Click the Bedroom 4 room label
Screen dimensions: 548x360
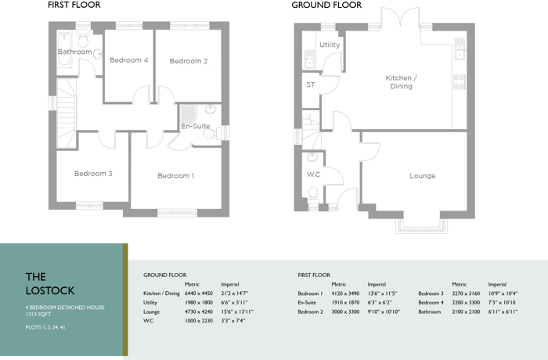pos(129,60)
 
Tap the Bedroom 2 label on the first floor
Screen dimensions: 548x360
pos(189,61)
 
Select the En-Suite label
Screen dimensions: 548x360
pos(196,126)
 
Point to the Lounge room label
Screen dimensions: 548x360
pos(423,176)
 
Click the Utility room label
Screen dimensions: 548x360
pos(330,45)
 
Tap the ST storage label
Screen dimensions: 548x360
pos(310,85)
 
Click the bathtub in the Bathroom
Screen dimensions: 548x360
pos(63,49)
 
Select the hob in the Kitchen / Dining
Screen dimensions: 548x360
pos(460,82)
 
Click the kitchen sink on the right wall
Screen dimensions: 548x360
pos(460,49)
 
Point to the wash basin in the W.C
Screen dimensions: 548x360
pos(312,157)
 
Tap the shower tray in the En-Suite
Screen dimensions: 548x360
pos(188,113)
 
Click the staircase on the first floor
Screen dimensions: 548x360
pos(67,113)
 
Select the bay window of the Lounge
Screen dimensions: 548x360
pos(421,225)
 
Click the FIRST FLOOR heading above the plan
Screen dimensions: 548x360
pos(74,5)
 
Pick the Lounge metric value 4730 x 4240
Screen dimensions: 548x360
pos(199,311)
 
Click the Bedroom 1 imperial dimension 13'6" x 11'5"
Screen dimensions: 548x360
pos(382,293)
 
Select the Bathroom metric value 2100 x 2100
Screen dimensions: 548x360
pos(466,311)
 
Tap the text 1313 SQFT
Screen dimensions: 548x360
pos(38,314)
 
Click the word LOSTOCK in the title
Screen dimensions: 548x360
pos(50,290)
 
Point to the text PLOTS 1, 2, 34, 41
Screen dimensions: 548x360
pos(45,327)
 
